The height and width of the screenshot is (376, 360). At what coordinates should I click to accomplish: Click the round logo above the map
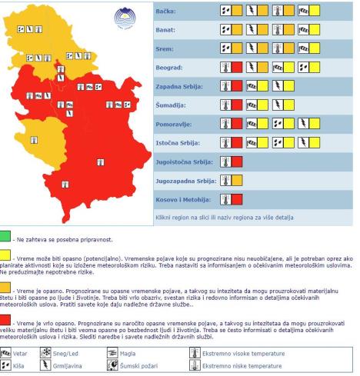tap(123, 16)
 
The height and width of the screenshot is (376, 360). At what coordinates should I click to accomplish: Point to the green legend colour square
tap(7, 236)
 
